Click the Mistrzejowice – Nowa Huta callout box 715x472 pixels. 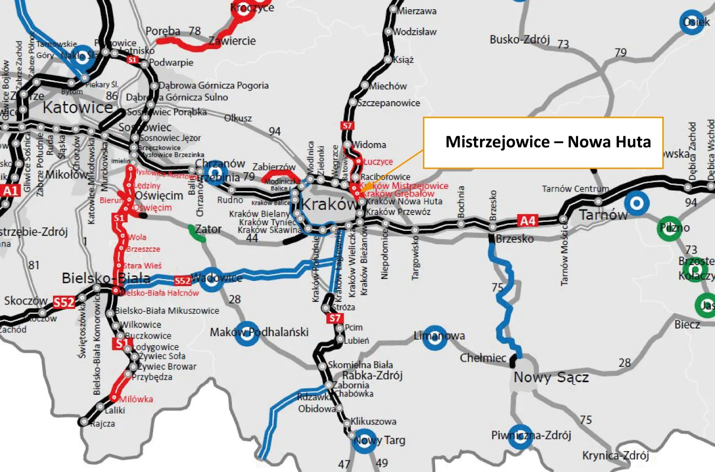click(543, 143)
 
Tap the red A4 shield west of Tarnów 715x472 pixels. click(527, 221)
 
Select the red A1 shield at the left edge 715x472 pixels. click(10, 191)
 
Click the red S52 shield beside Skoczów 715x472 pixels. click(64, 302)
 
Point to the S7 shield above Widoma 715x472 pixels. click(347, 126)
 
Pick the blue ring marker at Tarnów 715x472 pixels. click(636, 203)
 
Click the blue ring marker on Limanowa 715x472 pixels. click(435, 338)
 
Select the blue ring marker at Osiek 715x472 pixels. click(693, 22)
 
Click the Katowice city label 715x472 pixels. click(78, 108)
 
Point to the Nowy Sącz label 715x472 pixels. click(551, 377)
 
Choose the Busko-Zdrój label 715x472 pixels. click(519, 40)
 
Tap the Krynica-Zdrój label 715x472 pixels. click(615, 455)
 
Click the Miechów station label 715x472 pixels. click(388, 86)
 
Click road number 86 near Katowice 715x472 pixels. click(112, 96)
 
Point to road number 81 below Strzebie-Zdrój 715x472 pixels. click(34, 265)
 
